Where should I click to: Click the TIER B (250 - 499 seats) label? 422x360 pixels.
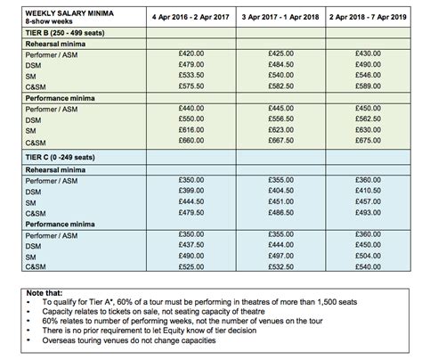pos(55,34)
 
